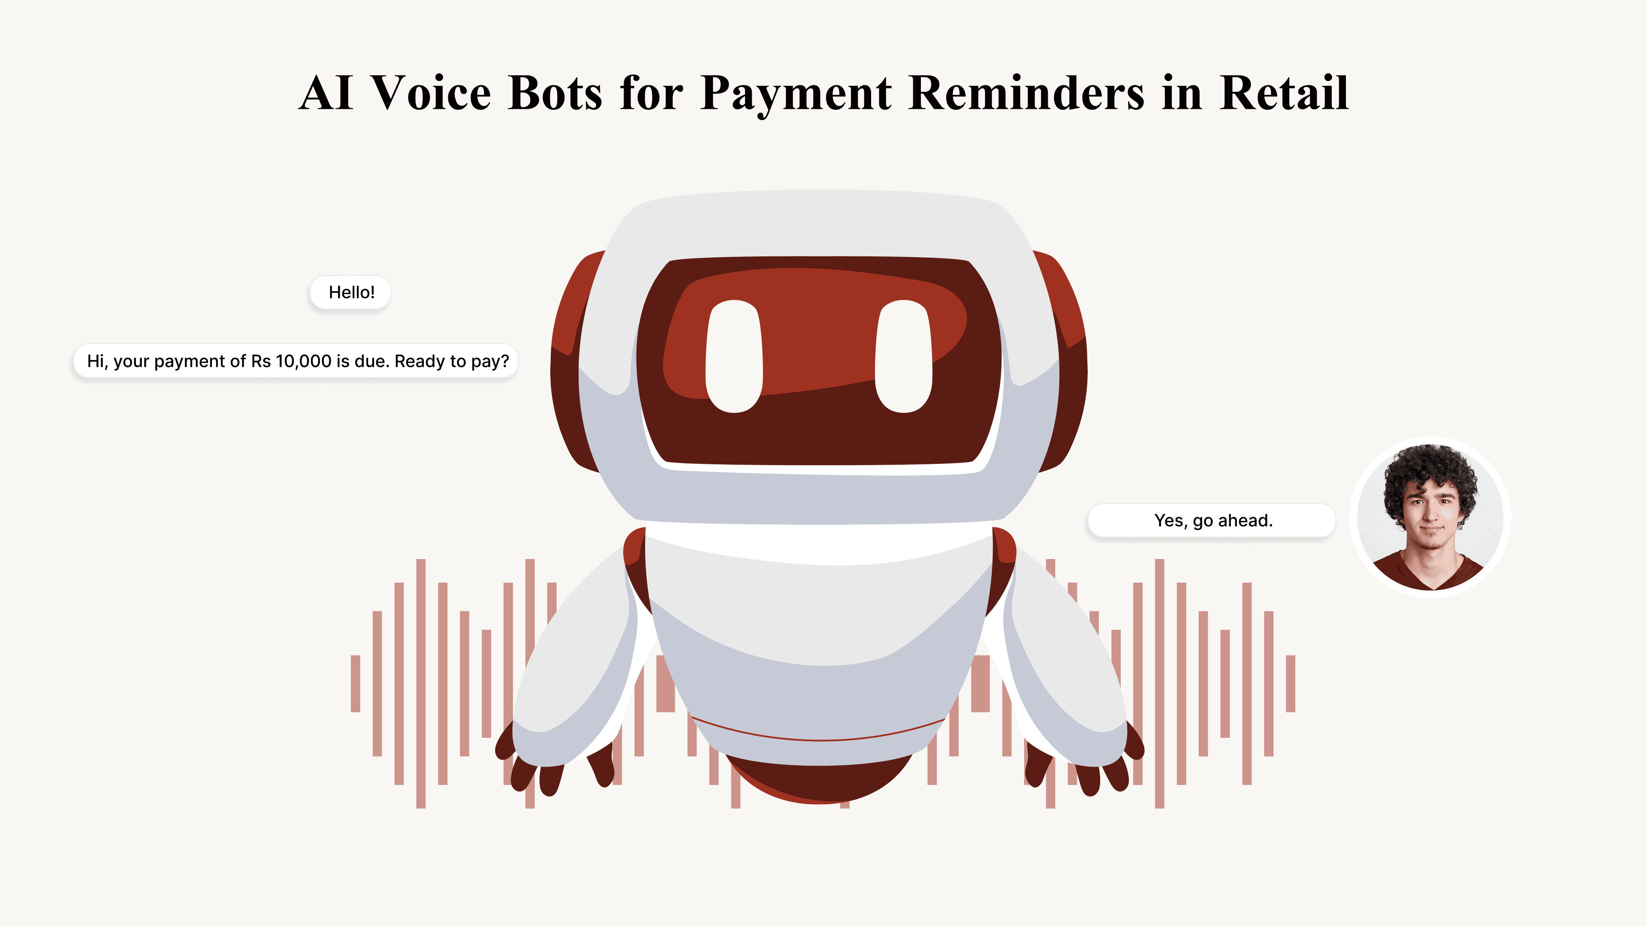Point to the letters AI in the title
(326, 93)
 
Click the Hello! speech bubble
(350, 293)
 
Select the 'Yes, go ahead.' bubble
(1212, 521)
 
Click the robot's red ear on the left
(571, 358)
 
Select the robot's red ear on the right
(1066, 358)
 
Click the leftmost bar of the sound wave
(356, 683)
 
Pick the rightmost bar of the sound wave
(1290, 683)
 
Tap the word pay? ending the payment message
(490, 362)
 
